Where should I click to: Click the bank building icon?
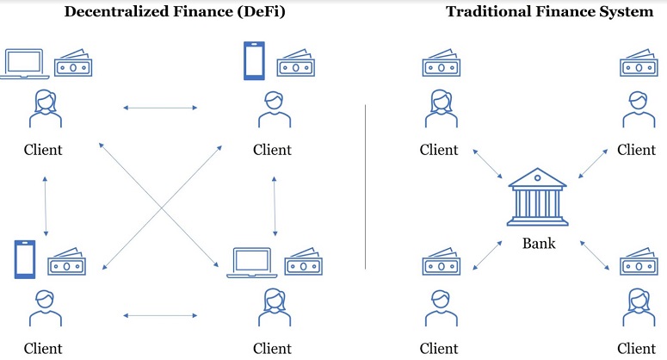[x=538, y=196]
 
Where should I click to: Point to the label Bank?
[x=539, y=244]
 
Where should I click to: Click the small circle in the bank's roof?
[x=538, y=178]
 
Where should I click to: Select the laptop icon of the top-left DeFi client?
[x=24, y=64]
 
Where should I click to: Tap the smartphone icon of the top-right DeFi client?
[x=254, y=61]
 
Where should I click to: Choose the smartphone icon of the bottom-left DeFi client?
[x=25, y=259]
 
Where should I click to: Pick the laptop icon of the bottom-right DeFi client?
[x=252, y=263]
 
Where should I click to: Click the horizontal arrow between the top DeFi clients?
[x=160, y=108]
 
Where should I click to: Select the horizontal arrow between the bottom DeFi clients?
[x=160, y=316]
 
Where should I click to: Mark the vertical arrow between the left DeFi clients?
[x=46, y=207]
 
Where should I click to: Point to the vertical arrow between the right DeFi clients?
[x=275, y=207]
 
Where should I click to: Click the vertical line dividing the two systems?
[x=366, y=187]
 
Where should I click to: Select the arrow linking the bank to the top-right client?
[x=593, y=164]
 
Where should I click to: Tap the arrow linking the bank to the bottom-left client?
[x=487, y=256]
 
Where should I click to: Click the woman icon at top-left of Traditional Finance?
[x=442, y=109]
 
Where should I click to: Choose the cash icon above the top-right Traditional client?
[x=639, y=64]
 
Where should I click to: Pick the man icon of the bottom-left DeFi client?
[x=46, y=308]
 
